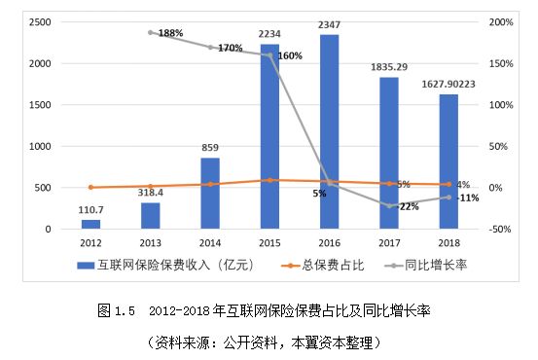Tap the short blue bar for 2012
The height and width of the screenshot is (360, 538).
pyautogui.click(x=90, y=224)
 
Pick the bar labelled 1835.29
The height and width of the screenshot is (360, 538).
pyautogui.click(x=388, y=153)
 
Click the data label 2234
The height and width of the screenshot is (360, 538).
pyautogui.click(x=269, y=33)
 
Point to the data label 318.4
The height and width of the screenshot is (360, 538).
pyautogui.click(x=150, y=193)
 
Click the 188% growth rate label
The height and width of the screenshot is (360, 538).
pyautogui.click(x=171, y=33)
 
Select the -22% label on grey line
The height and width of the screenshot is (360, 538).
pyautogui.click(x=408, y=206)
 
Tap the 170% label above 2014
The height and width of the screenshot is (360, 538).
pyautogui.click(x=231, y=48)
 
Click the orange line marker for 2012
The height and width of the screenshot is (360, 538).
pyautogui.click(x=90, y=187)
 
